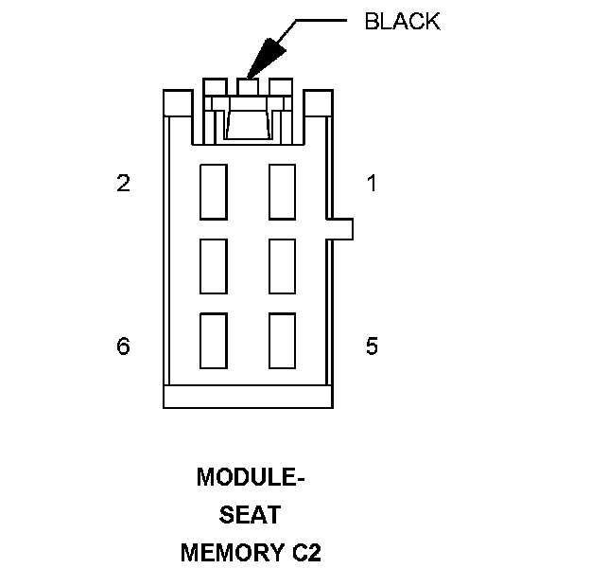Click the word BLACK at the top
tap(403, 22)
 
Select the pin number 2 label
tap(123, 184)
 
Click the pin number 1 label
tap(372, 184)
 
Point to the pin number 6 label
tap(123, 346)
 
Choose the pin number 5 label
tap(372, 346)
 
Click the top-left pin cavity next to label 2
tap(214, 191)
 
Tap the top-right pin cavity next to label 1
tap(283, 191)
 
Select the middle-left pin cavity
tap(214, 267)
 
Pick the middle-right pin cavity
tap(283, 267)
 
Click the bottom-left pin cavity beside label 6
tap(214, 341)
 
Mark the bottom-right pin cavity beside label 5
tap(283, 341)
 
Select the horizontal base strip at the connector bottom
tap(248, 397)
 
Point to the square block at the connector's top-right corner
tap(318, 102)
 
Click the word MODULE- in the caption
tap(251, 478)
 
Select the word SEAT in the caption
tap(251, 515)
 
